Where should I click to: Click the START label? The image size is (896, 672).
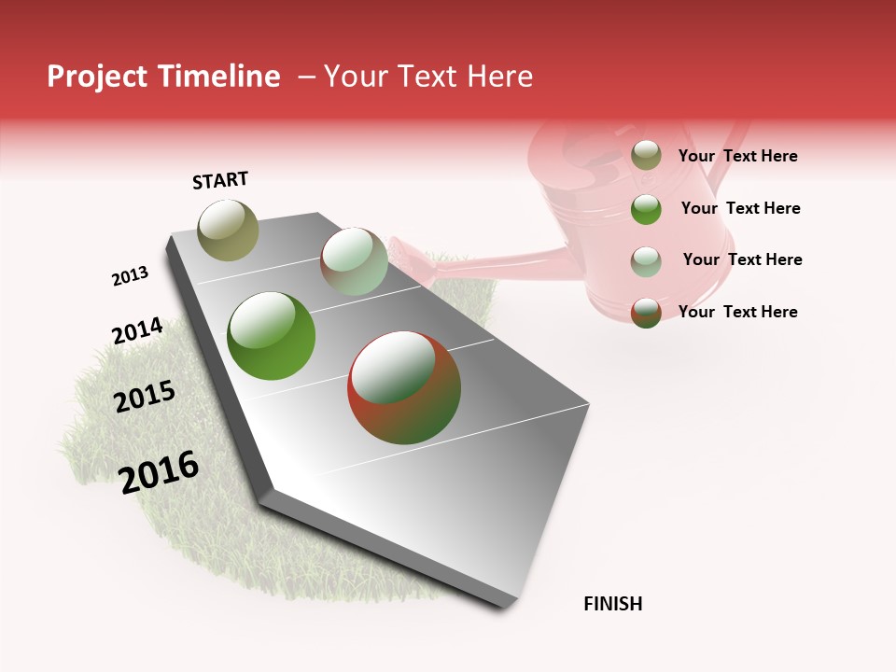coord(220,180)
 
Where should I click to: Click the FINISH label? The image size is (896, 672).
coord(612,604)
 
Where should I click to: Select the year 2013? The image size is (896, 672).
coord(130,276)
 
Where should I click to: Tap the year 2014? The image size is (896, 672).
coord(137,330)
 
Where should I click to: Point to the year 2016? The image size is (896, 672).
coord(159,471)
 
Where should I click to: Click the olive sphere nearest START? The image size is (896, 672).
coord(228,230)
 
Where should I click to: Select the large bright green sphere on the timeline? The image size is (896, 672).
coord(271,336)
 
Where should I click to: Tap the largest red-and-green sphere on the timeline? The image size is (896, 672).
coord(404,387)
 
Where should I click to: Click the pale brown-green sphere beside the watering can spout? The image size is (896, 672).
coord(354,261)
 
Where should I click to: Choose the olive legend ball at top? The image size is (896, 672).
coord(646,155)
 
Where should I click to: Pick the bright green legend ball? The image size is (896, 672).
coord(646,208)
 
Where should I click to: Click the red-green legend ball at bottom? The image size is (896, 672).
coord(646,312)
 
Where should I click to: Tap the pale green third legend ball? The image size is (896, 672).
coord(646,260)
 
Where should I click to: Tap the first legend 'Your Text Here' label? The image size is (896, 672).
coord(737,156)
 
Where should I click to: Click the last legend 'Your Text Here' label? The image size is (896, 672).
coord(737,312)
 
